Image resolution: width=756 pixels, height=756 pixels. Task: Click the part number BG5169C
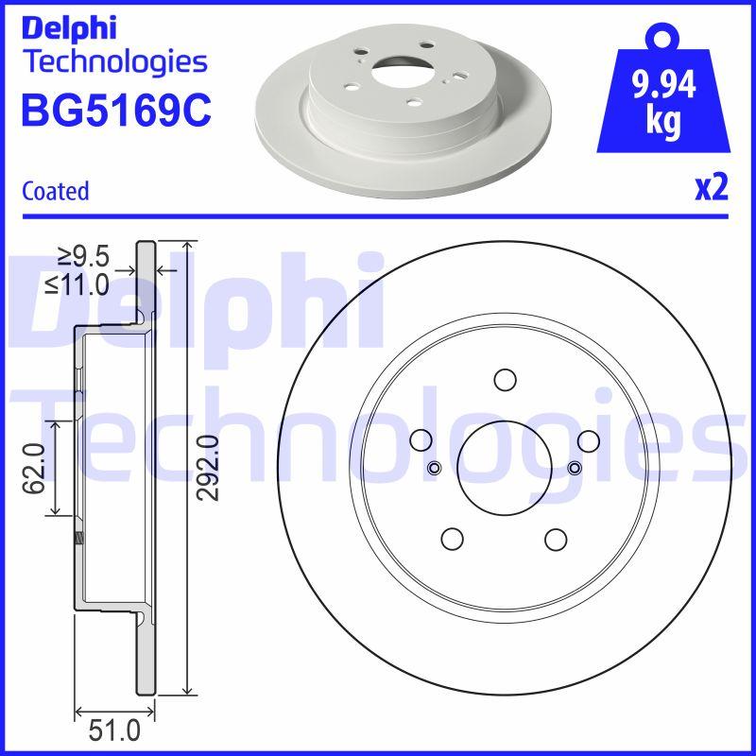(x=114, y=110)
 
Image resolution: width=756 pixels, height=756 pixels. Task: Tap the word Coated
(x=55, y=191)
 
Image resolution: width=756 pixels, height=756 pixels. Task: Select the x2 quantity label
(x=711, y=189)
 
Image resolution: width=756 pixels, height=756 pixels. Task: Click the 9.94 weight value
(x=662, y=87)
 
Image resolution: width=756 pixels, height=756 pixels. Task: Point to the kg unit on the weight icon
(x=662, y=123)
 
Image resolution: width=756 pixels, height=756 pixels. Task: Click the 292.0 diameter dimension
(x=207, y=468)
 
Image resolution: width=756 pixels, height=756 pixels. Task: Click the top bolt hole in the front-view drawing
(x=505, y=380)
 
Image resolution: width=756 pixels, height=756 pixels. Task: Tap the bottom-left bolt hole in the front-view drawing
(x=453, y=538)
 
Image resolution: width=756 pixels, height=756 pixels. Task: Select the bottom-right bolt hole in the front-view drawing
(x=556, y=538)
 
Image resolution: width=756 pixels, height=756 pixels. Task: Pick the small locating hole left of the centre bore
(x=435, y=468)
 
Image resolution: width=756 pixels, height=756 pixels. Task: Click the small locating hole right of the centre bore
(x=574, y=468)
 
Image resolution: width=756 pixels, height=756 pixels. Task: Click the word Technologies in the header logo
(x=113, y=62)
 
